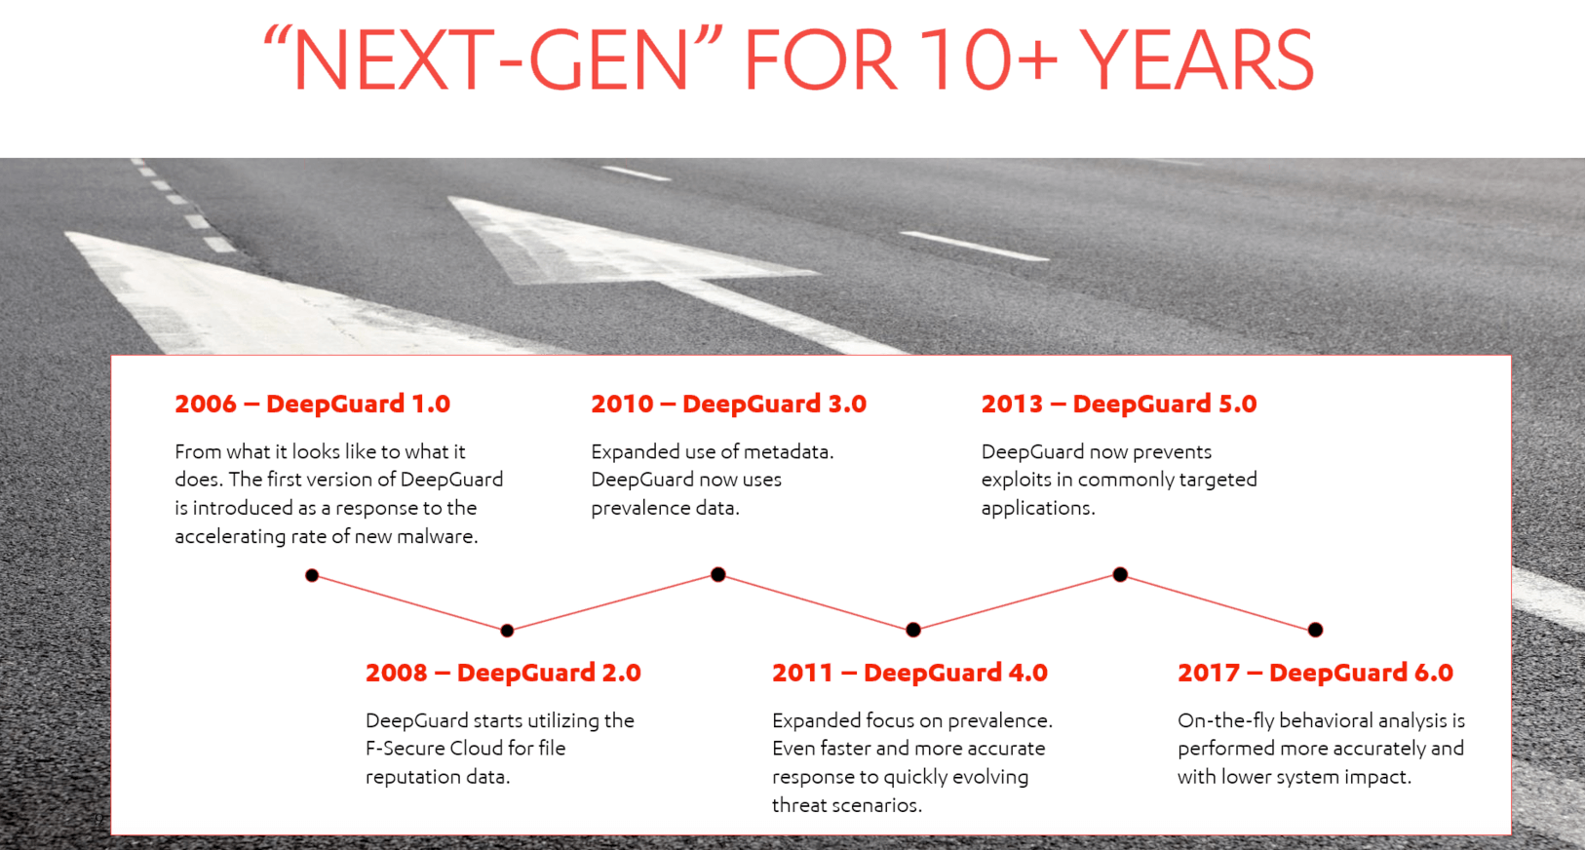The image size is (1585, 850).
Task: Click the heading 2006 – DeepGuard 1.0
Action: pyautogui.click(x=312, y=404)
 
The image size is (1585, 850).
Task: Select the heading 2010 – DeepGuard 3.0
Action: pyautogui.click(x=729, y=404)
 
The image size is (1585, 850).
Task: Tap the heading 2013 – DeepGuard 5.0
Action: pyautogui.click(x=1119, y=404)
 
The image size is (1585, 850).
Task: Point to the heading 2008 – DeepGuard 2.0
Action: pyautogui.click(x=503, y=673)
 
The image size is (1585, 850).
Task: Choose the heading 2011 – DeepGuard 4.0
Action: pyautogui.click(x=909, y=673)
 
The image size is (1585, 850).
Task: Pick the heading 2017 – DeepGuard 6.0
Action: pyautogui.click(x=1315, y=673)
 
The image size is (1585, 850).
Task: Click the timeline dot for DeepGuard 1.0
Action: pyautogui.click(x=312, y=575)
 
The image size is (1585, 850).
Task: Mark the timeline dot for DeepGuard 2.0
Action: pyautogui.click(x=507, y=630)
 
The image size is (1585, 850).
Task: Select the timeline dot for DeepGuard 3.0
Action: pyautogui.click(x=718, y=574)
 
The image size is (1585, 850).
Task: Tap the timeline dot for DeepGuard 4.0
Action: pyautogui.click(x=913, y=629)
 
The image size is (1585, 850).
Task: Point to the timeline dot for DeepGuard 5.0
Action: pyautogui.click(x=1120, y=574)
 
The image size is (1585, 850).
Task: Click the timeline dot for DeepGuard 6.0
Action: pyautogui.click(x=1315, y=629)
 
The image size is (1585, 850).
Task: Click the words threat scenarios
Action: pyautogui.click(x=846, y=805)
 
